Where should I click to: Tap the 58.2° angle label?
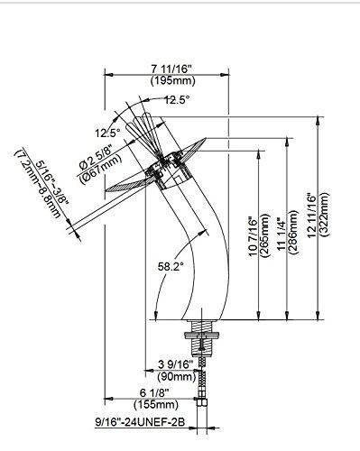170,267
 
